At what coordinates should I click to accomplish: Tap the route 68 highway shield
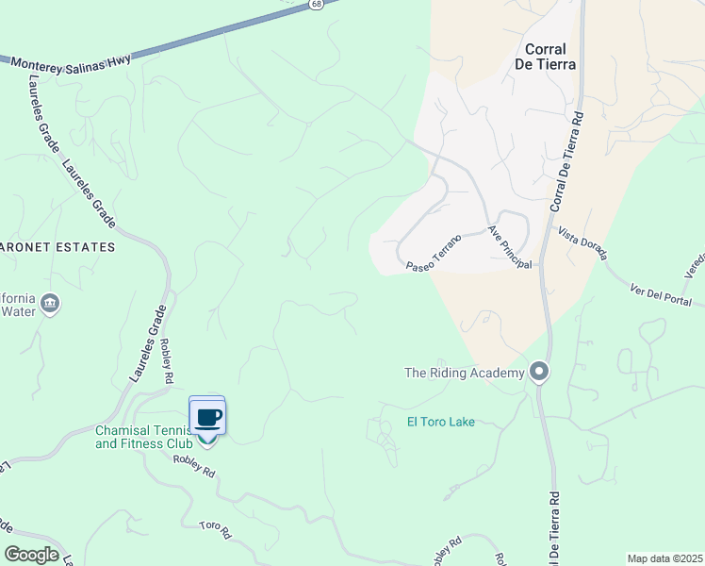(316, 5)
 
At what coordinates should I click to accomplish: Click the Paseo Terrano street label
(434, 254)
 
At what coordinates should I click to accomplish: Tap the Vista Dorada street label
(582, 243)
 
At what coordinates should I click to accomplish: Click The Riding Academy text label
(464, 373)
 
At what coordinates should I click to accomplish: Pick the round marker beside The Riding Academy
(539, 372)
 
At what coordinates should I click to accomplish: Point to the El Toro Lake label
(440, 422)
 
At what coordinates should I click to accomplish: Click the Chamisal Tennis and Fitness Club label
(143, 436)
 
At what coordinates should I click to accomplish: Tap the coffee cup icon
(207, 416)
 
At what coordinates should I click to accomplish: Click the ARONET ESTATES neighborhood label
(57, 247)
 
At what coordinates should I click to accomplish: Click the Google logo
(31, 555)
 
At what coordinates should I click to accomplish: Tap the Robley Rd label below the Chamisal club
(195, 465)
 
